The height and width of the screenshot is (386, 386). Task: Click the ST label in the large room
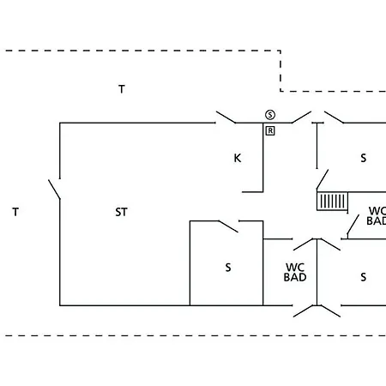tap(121, 212)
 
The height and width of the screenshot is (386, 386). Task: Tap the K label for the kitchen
tap(238, 158)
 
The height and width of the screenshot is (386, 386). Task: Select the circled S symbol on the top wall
tap(270, 115)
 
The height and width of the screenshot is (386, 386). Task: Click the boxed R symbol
tap(270, 131)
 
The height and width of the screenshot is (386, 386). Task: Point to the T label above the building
tap(122, 89)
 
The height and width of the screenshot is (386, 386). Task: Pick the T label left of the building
tap(15, 212)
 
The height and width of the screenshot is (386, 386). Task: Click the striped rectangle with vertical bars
tap(332, 202)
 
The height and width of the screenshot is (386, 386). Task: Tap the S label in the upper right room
tap(364, 158)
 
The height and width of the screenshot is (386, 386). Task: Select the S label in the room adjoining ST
tap(228, 268)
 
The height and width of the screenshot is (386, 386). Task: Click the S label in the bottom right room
tap(364, 277)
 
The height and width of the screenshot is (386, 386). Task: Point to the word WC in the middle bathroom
tap(295, 268)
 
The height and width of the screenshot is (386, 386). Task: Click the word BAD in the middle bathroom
tap(295, 277)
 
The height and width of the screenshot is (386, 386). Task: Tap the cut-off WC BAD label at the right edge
tap(377, 216)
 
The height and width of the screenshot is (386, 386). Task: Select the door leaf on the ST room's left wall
tap(54, 190)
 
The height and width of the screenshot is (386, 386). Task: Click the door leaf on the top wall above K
tap(226, 118)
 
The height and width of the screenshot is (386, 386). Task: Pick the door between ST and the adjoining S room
tap(228, 226)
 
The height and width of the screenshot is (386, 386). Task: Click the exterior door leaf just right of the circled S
tap(301, 118)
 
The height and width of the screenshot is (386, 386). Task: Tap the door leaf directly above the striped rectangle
tap(323, 179)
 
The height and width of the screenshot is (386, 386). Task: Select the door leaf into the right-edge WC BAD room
tap(353, 225)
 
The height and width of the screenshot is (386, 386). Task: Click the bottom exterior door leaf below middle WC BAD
tap(304, 311)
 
